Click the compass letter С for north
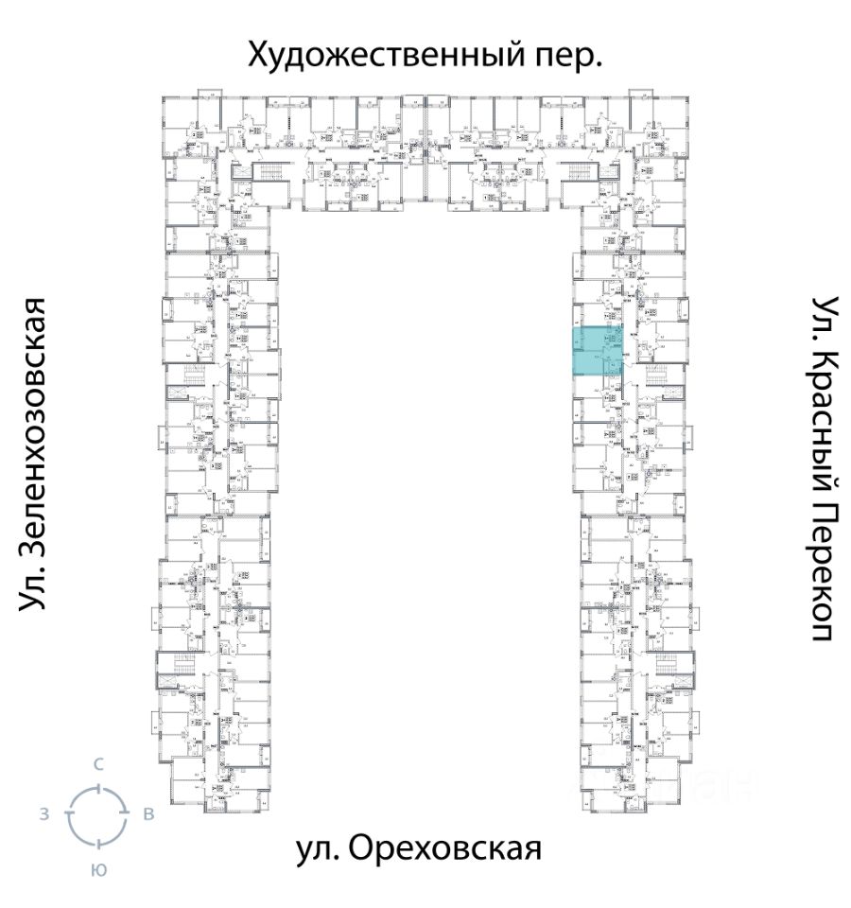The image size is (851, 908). (x=97, y=762)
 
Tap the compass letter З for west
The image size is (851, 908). (x=44, y=814)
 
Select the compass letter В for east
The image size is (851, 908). (x=148, y=814)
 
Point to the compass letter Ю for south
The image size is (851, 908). (x=97, y=869)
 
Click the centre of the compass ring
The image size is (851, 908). (x=96, y=814)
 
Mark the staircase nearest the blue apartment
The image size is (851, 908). (x=661, y=378)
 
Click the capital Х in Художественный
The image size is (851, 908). (x=258, y=55)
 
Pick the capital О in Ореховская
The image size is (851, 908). (x=361, y=848)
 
